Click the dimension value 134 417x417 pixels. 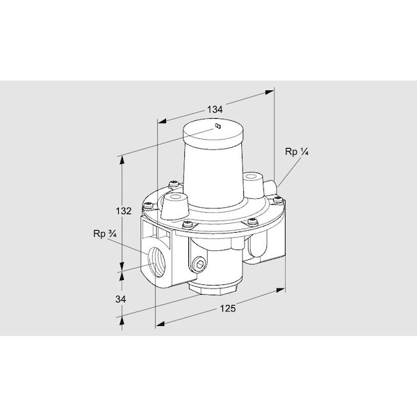[215, 109]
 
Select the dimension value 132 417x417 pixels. [124, 211]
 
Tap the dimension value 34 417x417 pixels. [120, 299]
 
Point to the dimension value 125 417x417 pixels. [228, 309]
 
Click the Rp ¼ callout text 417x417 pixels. [297, 152]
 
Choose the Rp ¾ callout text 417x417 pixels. [105, 234]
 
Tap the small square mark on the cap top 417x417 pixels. [218, 126]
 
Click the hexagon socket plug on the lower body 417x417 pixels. [199, 264]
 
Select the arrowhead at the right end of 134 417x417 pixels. [269, 92]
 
